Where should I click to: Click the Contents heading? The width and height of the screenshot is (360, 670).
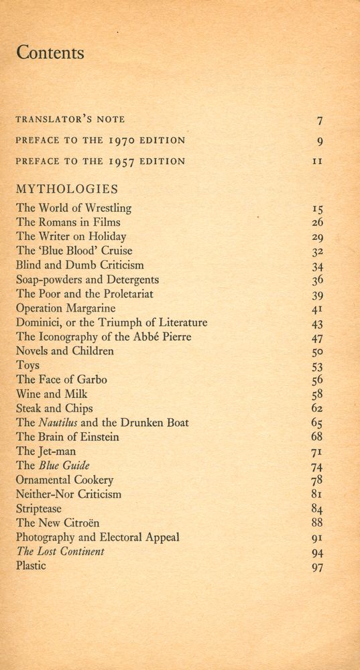click(50, 53)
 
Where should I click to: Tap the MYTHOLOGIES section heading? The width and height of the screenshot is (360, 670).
click(67, 189)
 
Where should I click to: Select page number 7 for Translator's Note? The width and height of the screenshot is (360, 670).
click(320, 121)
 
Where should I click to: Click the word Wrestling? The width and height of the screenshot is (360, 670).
click(107, 208)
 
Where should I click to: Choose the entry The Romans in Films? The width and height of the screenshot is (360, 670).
click(68, 222)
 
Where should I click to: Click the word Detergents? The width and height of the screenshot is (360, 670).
click(130, 279)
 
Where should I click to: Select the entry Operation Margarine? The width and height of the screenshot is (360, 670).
click(66, 308)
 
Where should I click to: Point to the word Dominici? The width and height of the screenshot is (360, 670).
click(39, 322)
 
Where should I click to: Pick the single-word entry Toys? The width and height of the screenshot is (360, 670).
click(28, 365)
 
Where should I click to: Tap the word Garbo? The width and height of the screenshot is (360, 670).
click(91, 379)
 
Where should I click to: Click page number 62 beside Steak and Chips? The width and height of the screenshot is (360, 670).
click(318, 408)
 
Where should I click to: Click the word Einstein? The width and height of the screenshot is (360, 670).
click(97, 437)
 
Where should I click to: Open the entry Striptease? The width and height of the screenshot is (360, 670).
click(39, 509)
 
